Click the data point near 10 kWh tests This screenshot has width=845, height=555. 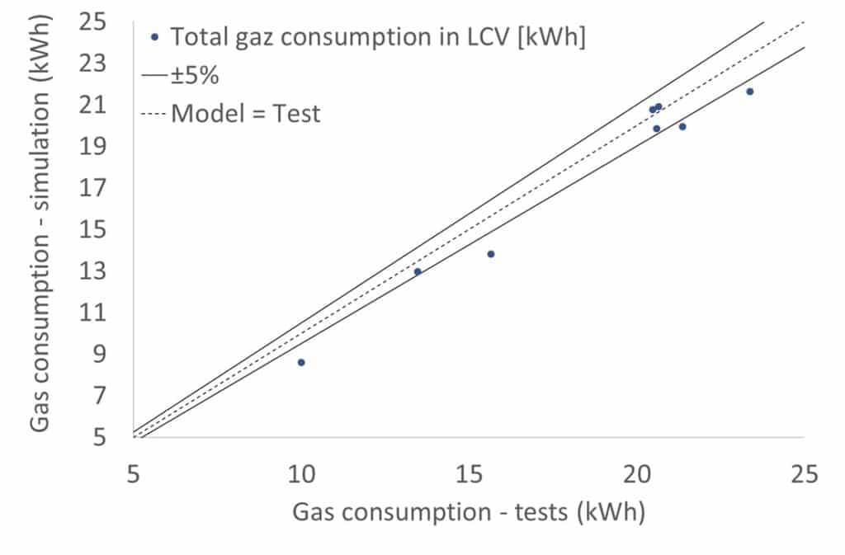pos(301,362)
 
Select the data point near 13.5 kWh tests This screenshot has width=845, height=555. pos(418,271)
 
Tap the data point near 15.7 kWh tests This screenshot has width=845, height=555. pos(491,254)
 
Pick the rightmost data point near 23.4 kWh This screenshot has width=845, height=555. pos(749,92)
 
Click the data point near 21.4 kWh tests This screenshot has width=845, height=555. pos(682,126)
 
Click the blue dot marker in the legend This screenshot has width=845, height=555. pos(154,37)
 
